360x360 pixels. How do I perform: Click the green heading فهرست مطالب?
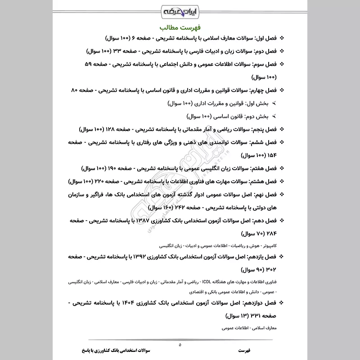[x=180, y=26]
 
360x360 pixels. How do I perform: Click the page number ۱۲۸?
[x=109, y=130]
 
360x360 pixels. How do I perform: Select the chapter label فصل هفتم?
[x=262, y=169]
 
